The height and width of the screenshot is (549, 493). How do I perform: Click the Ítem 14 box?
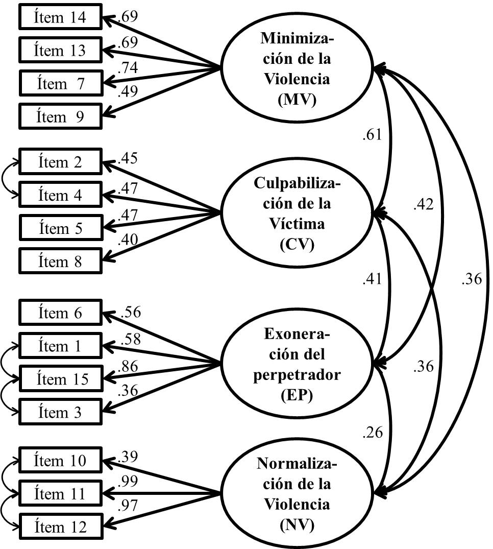point(60,18)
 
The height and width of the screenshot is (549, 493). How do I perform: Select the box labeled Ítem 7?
point(60,84)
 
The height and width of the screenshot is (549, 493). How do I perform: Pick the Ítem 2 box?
point(60,162)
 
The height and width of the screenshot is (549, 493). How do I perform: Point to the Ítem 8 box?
point(60,262)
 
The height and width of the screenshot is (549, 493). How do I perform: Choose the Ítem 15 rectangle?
point(60,379)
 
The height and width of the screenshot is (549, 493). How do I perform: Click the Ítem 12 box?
point(60,527)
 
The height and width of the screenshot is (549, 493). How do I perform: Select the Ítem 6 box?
point(60,313)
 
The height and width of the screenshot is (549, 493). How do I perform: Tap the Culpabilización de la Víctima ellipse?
point(295,213)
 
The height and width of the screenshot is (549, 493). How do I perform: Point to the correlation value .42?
point(423,204)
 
